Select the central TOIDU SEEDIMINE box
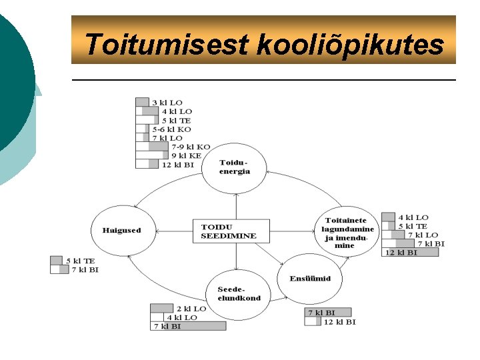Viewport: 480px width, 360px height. (x=229, y=231)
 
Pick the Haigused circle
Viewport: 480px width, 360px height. (x=121, y=231)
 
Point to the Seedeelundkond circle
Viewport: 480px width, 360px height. (x=239, y=294)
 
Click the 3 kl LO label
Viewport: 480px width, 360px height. (x=167, y=102)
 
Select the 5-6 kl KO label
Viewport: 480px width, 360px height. (x=171, y=129)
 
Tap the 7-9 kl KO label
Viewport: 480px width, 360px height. (x=191, y=147)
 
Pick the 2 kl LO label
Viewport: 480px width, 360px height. (x=191, y=309)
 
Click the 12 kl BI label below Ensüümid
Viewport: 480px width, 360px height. (x=339, y=321)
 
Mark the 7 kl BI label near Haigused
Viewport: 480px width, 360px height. (x=84, y=269)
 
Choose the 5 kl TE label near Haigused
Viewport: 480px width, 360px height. (x=80, y=261)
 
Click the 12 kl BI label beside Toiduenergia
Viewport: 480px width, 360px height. (x=178, y=165)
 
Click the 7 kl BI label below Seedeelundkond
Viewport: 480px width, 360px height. (x=167, y=326)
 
